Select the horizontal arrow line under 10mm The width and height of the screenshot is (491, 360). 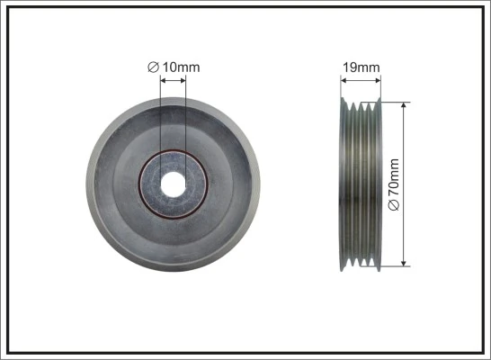172,80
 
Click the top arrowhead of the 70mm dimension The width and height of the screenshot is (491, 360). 406,105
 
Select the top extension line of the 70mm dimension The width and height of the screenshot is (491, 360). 396,101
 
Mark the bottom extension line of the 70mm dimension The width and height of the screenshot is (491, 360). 396,265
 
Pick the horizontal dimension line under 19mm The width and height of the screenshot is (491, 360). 362,80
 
